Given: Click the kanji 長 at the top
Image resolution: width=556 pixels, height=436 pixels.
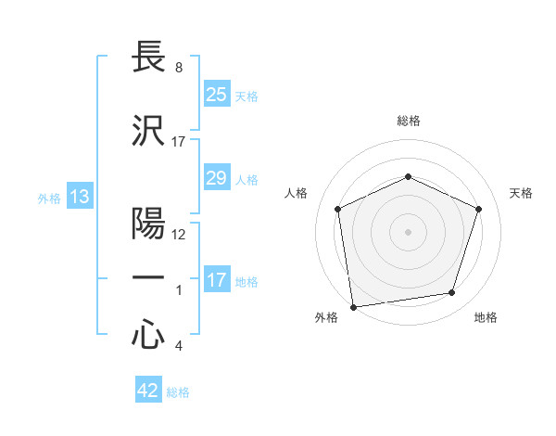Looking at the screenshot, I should tap(148, 58).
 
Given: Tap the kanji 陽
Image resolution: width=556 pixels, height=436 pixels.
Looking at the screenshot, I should tap(148, 224).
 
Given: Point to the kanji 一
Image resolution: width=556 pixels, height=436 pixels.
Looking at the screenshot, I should tap(148, 277).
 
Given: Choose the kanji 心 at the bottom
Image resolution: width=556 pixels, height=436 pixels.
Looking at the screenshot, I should tap(148, 336).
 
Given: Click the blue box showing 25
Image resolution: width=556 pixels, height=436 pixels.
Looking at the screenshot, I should tap(216, 95).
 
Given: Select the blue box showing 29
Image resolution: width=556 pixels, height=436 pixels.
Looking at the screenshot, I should tap(216, 178).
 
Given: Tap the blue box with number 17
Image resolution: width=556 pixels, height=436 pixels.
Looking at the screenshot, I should tap(216, 281).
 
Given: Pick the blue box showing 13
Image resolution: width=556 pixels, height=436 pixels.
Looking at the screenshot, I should tap(79, 197).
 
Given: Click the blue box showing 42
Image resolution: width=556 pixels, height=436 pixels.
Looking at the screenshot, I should tap(147, 391).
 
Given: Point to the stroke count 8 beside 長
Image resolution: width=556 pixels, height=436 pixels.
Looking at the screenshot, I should tap(178, 69).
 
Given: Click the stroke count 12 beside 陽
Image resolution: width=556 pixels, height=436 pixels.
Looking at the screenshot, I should tap(179, 235).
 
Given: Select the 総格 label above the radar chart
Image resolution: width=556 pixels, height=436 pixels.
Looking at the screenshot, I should tap(408, 121).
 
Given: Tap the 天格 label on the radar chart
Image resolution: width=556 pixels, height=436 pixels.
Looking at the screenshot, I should tap(522, 193).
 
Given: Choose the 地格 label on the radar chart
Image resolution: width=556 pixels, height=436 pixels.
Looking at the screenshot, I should tap(486, 318).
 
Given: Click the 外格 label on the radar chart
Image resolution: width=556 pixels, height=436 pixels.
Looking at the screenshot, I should tap(326, 318).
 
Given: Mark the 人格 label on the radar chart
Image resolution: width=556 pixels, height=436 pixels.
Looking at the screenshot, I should tap(296, 193).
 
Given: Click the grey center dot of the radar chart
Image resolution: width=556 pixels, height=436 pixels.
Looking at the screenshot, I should tap(408, 231).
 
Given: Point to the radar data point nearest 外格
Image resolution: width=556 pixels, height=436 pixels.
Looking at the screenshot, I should tap(353, 306).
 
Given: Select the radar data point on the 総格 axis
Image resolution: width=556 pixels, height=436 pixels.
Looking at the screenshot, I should tap(408, 176).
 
